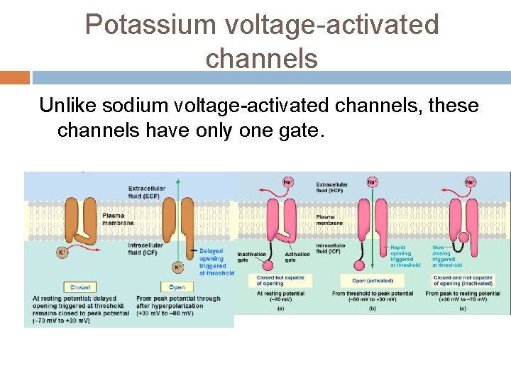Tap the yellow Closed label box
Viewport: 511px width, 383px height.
[x=80, y=287]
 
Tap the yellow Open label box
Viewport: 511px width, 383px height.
[x=177, y=287]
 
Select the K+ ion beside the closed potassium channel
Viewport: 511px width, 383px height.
[x=62, y=251]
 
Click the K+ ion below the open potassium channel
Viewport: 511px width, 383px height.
[x=177, y=268]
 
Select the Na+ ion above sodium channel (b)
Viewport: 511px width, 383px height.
[x=372, y=182]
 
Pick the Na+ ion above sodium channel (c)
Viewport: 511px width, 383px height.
[x=470, y=182]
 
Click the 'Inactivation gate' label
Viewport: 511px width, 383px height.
[x=252, y=257]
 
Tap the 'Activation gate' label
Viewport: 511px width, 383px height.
[x=297, y=257]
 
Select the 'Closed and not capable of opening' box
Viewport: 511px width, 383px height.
[x=463, y=281]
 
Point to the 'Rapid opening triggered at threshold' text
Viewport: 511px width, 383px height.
[x=405, y=256]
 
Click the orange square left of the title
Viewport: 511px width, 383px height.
[x=15, y=77]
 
